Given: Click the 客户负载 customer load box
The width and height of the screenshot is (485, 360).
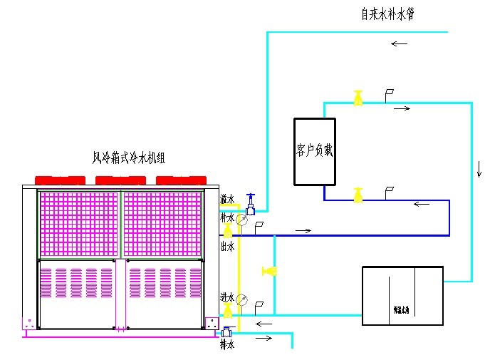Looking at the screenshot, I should (x=314, y=151).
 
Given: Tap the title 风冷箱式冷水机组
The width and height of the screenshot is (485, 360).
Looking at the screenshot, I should (x=129, y=158).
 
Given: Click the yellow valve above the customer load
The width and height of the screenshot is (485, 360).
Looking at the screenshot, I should (x=358, y=98).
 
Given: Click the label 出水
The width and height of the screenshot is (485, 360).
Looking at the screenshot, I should (x=226, y=246).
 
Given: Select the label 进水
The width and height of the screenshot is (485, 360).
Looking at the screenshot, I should (x=227, y=296).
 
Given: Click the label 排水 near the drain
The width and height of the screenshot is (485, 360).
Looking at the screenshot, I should (x=226, y=345).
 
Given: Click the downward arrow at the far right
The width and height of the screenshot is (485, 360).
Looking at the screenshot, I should (x=479, y=170).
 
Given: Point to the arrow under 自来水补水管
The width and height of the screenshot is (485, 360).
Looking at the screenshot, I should (x=399, y=43).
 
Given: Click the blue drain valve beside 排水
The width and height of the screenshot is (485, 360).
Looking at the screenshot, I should (x=227, y=331).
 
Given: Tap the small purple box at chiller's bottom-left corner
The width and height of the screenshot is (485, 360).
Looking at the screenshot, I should (x=29, y=323).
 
